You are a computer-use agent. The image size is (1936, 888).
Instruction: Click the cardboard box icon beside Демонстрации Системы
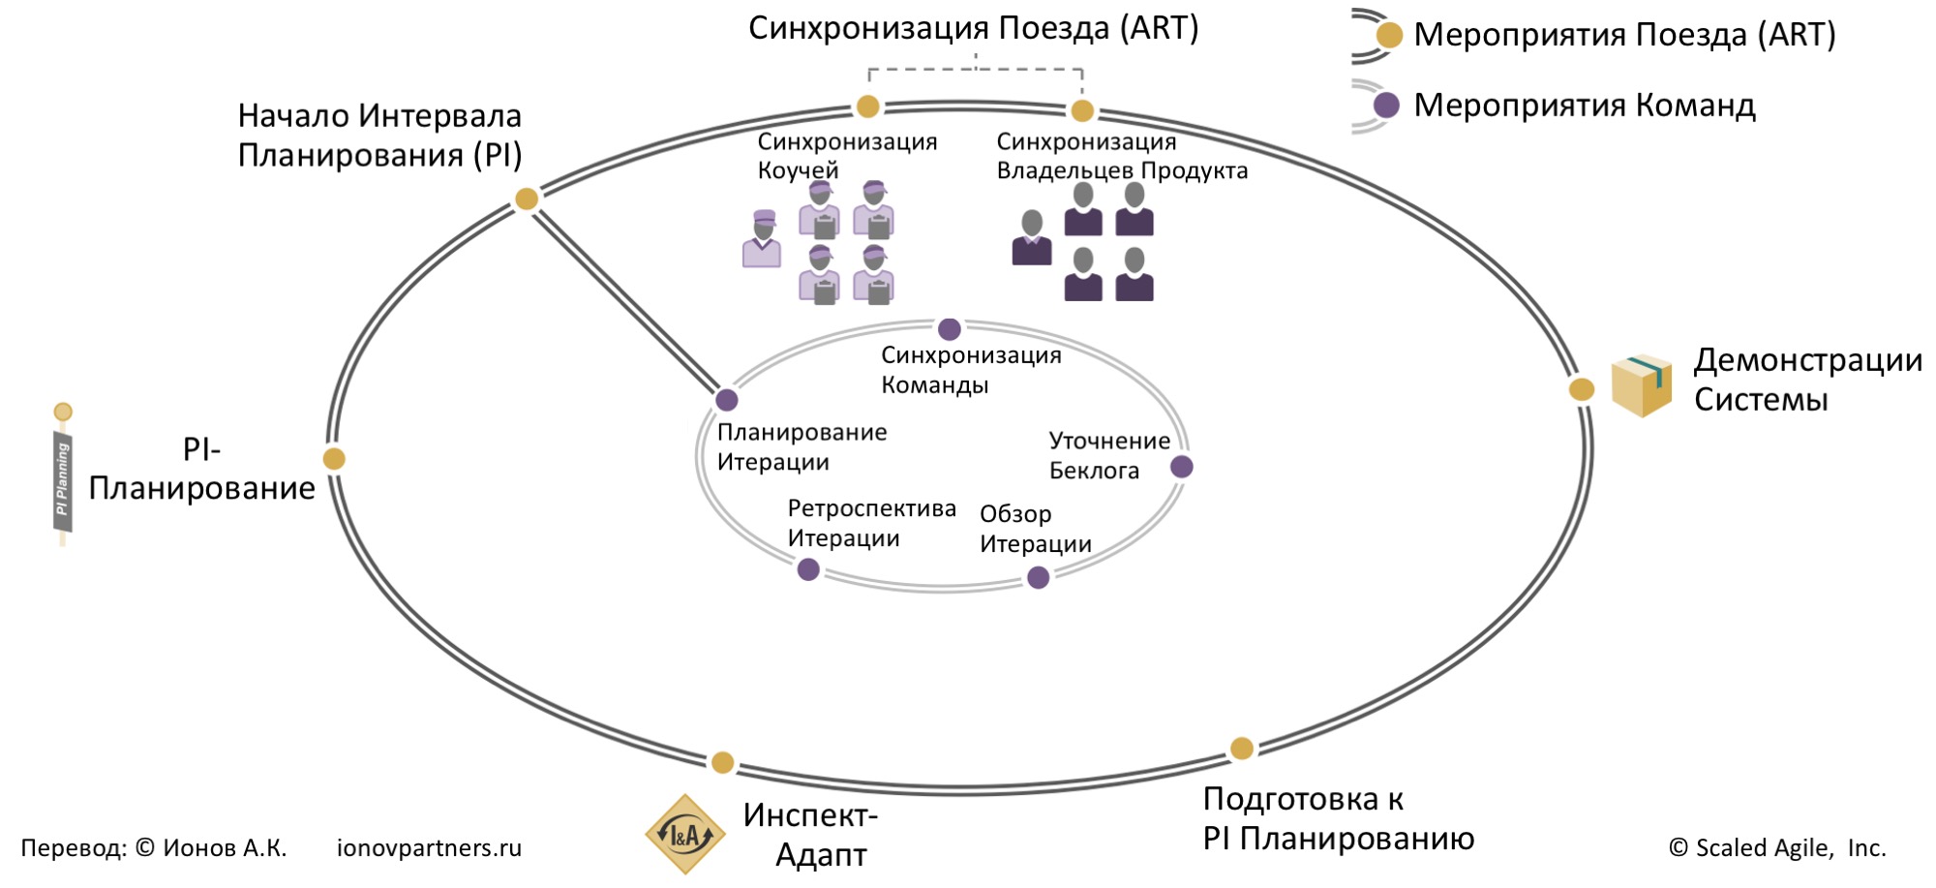click(x=1642, y=385)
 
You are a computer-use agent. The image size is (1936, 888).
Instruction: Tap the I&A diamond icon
click(x=685, y=834)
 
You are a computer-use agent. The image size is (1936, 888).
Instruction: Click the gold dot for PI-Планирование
click(x=334, y=459)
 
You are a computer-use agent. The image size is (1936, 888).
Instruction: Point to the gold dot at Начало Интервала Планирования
click(x=527, y=199)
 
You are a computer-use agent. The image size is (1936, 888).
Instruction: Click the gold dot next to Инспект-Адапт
click(x=722, y=763)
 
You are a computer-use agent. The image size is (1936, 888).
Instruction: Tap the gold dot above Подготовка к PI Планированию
click(x=1242, y=748)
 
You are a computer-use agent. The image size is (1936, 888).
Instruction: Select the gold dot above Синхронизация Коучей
click(x=868, y=107)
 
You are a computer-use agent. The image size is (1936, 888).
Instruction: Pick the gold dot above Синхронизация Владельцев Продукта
click(x=1082, y=110)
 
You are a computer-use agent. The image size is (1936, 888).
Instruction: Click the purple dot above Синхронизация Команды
click(x=950, y=329)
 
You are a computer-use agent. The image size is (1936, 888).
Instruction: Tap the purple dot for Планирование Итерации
click(x=727, y=400)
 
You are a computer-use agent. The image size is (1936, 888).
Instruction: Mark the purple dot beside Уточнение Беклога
click(x=1182, y=467)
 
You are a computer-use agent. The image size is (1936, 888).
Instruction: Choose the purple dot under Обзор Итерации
click(x=1039, y=578)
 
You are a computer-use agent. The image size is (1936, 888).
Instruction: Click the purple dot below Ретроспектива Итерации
click(x=808, y=570)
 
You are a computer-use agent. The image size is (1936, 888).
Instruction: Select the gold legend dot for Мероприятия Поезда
click(x=1389, y=36)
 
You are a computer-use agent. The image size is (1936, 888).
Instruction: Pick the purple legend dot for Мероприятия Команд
click(x=1387, y=106)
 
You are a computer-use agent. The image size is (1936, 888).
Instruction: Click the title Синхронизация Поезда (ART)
click(x=973, y=29)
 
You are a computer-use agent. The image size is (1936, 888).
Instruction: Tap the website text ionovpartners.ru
click(x=429, y=848)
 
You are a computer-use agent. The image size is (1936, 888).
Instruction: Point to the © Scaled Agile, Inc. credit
click(x=1777, y=848)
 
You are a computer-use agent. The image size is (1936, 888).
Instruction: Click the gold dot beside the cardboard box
click(x=1581, y=389)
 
